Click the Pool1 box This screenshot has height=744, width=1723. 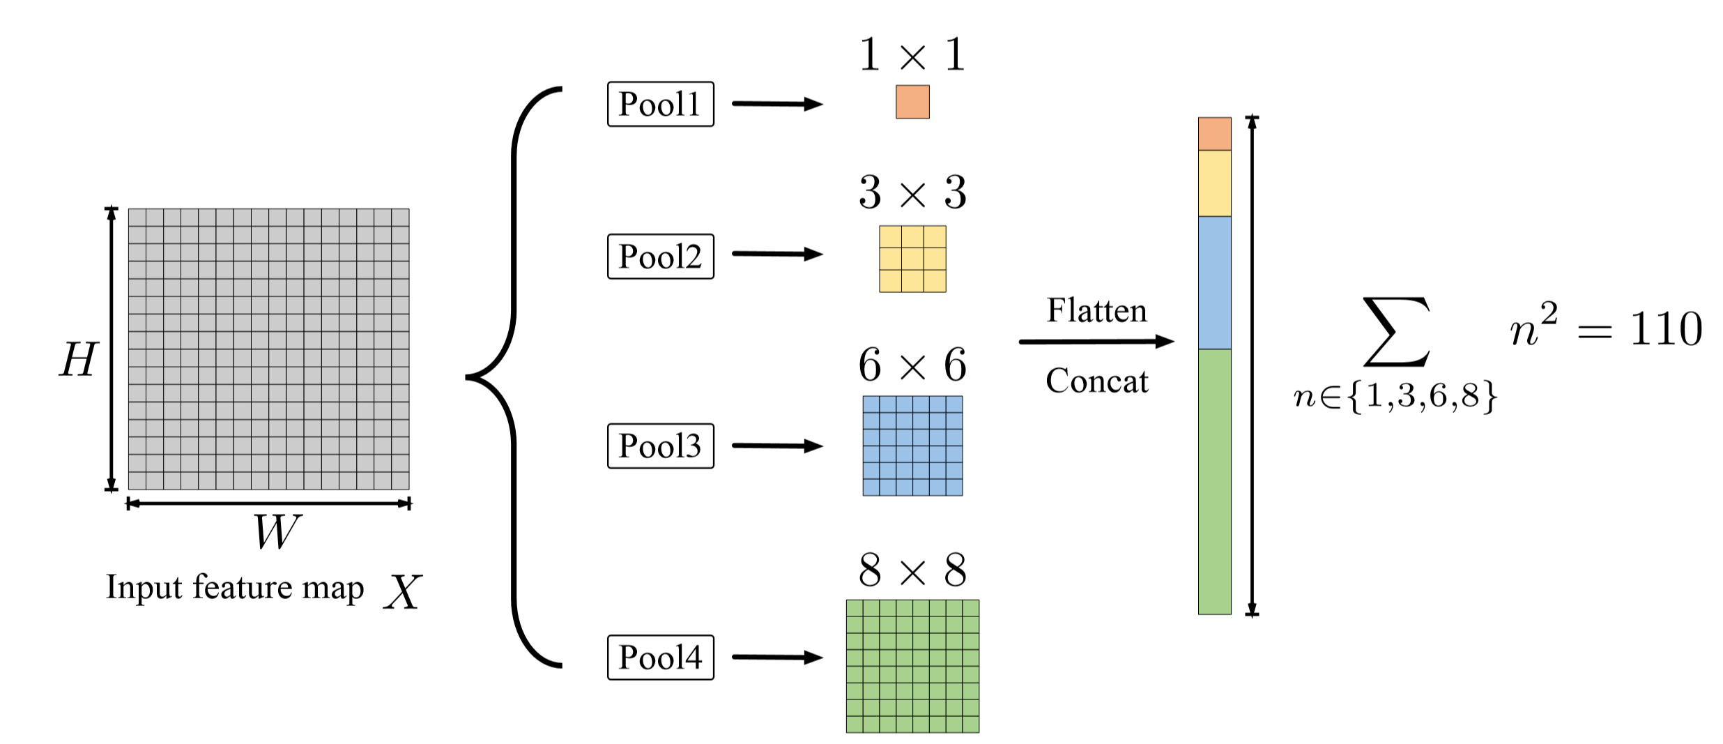coord(660,104)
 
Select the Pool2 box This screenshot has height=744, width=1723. coord(660,257)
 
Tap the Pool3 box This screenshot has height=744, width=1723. coord(660,446)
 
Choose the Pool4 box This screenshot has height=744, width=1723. coord(660,657)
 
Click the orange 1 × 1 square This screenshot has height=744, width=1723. coord(912,102)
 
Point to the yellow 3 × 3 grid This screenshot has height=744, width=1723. coord(912,259)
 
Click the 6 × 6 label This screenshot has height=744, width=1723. coord(912,365)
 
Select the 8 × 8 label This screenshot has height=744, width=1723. coord(912,570)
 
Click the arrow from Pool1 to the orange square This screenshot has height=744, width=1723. coord(776,104)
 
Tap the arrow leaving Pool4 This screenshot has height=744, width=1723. coord(776,657)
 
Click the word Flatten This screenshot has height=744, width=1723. coord(1096,310)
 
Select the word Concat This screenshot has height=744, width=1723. coord(1096,381)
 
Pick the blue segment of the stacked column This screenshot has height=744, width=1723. coord(1214,282)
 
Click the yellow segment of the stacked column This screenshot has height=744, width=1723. coord(1214,183)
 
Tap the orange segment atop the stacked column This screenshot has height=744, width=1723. coord(1214,134)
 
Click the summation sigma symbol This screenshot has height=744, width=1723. coord(1396,332)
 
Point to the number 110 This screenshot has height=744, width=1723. coord(1666,329)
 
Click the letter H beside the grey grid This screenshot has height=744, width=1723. coord(78,360)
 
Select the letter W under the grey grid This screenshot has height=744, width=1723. coord(277,531)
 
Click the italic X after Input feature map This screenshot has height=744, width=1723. coord(402,593)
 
